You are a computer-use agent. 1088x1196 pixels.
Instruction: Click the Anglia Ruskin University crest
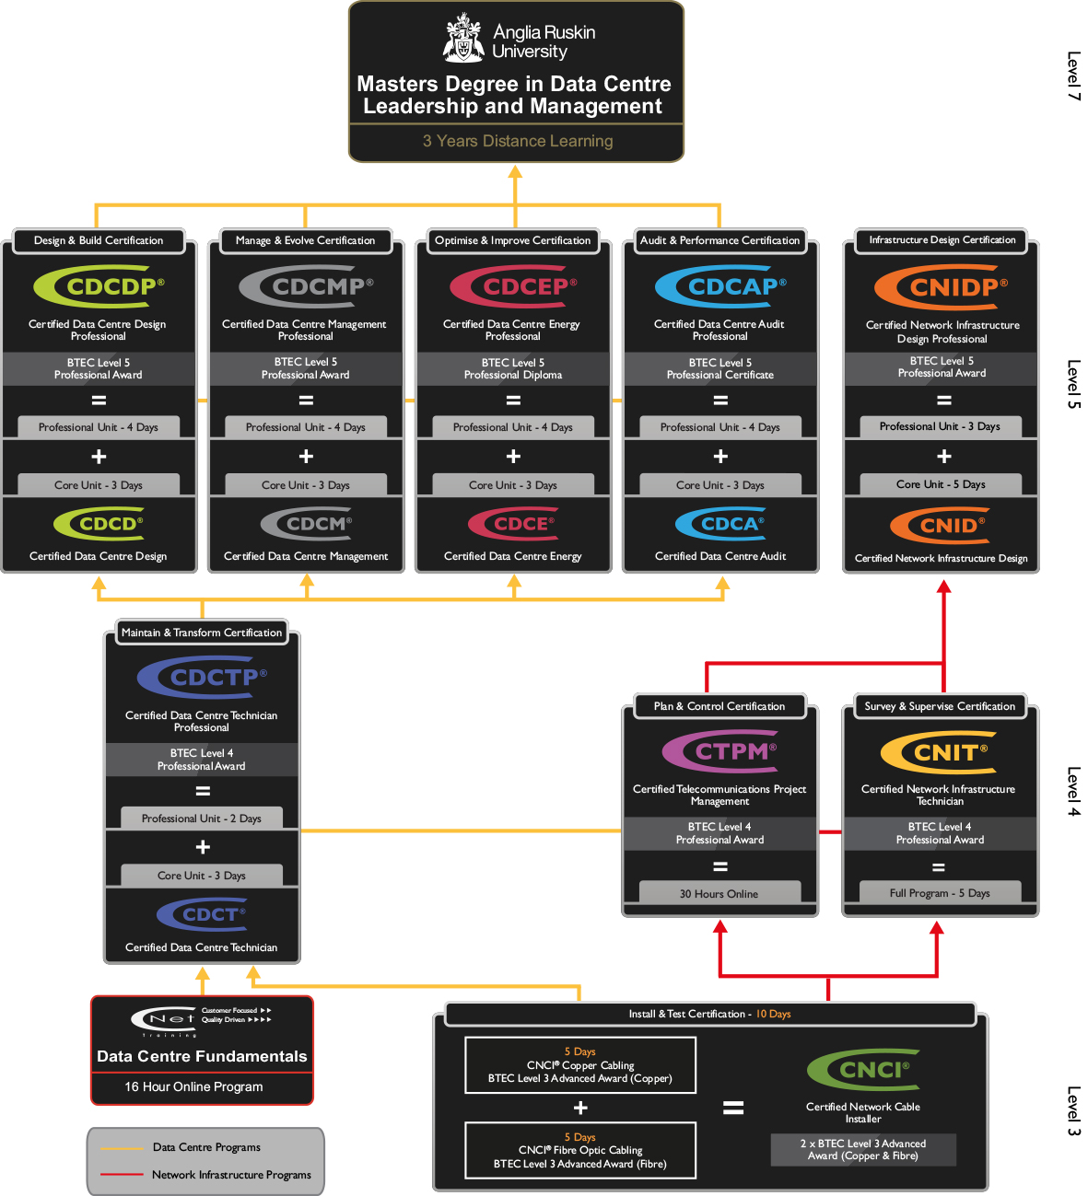[463, 38]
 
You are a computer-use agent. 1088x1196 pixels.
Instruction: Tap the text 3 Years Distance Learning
[517, 141]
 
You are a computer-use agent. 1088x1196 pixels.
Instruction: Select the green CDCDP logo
[99, 286]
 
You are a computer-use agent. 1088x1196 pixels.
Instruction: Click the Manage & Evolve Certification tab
[305, 240]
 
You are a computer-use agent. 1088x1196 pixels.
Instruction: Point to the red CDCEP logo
[513, 286]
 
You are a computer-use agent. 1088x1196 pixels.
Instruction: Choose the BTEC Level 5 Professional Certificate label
[720, 368]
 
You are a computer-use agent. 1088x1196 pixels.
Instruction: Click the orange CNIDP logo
[942, 287]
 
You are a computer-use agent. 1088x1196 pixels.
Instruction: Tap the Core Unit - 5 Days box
[941, 484]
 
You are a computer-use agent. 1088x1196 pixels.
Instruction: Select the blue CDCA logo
[720, 524]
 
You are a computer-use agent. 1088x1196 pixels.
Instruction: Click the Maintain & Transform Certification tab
[202, 633]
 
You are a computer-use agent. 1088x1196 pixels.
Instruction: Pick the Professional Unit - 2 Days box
[202, 819]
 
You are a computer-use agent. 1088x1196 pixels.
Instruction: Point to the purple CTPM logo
[720, 751]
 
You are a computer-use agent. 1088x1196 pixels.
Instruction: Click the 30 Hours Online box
[719, 893]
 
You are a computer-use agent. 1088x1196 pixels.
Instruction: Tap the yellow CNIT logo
[940, 752]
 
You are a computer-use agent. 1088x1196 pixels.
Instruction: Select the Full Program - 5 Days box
[940, 893]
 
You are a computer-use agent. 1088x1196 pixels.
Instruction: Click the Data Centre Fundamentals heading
[202, 1056]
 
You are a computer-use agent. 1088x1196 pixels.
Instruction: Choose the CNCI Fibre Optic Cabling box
[580, 1150]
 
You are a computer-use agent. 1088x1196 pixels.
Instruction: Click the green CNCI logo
[863, 1070]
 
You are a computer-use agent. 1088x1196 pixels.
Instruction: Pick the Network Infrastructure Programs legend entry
[231, 1175]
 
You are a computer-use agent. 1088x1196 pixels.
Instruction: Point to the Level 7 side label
[1073, 75]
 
